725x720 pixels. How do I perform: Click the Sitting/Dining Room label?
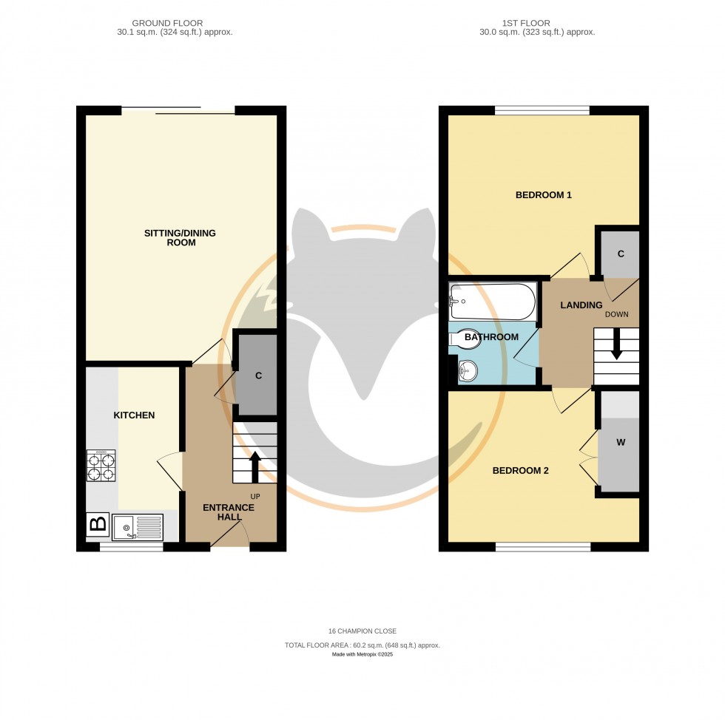(x=180, y=238)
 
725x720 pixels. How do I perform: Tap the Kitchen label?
(x=134, y=415)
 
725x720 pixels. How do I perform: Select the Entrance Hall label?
(x=229, y=512)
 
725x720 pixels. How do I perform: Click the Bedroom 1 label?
(x=544, y=195)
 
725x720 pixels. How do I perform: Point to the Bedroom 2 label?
(x=521, y=470)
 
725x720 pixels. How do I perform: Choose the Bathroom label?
(x=491, y=337)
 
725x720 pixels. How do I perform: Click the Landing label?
(x=581, y=305)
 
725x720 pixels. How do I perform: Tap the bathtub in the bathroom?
(x=492, y=301)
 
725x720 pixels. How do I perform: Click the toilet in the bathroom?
(x=465, y=338)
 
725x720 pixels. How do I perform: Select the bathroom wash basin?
(x=468, y=370)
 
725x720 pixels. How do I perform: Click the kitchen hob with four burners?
(x=101, y=466)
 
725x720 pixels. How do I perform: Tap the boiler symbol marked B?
(x=98, y=526)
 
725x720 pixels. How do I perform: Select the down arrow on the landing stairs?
(x=616, y=348)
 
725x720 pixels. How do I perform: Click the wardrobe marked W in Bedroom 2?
(x=620, y=444)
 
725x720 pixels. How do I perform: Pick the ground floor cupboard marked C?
(x=258, y=376)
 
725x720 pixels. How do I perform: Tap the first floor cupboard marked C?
(x=621, y=254)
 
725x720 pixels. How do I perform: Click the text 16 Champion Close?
(x=362, y=631)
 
